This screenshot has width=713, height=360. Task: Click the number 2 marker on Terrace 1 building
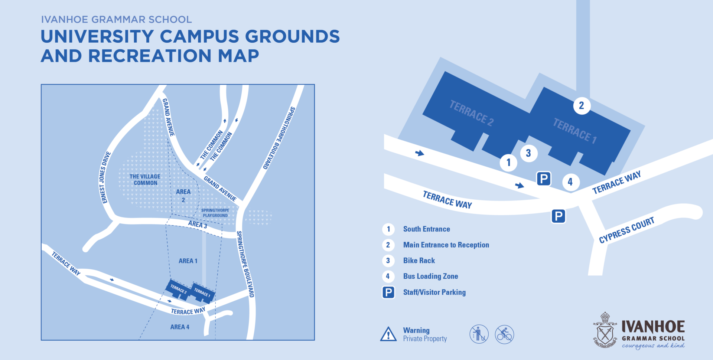tap(582, 106)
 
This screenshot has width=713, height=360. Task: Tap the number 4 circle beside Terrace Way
tap(570, 182)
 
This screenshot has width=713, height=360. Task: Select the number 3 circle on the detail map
tap(528, 153)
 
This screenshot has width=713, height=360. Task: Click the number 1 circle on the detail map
tap(508, 163)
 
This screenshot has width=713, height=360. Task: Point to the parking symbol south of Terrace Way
tap(558, 216)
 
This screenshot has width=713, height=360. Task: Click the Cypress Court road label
tap(626, 230)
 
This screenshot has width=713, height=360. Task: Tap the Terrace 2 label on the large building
tap(471, 113)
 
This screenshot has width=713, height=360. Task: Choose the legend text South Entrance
tap(426, 229)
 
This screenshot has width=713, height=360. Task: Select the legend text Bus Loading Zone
tap(430, 276)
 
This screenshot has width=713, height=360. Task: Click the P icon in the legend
tap(388, 292)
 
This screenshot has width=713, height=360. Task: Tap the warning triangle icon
tap(388, 334)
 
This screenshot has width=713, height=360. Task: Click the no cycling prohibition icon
tap(504, 334)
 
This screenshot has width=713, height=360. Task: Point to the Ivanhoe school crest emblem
tap(605, 330)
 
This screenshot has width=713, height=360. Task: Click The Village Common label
tap(145, 180)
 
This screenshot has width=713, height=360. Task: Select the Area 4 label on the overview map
tap(180, 327)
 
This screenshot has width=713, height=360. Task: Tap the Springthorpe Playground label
tap(215, 213)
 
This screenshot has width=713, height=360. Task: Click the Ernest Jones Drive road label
tap(105, 177)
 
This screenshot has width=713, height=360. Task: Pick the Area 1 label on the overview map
tap(188, 261)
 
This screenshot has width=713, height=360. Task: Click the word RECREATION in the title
tap(150, 56)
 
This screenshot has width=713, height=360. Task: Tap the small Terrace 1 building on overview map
tap(202, 292)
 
